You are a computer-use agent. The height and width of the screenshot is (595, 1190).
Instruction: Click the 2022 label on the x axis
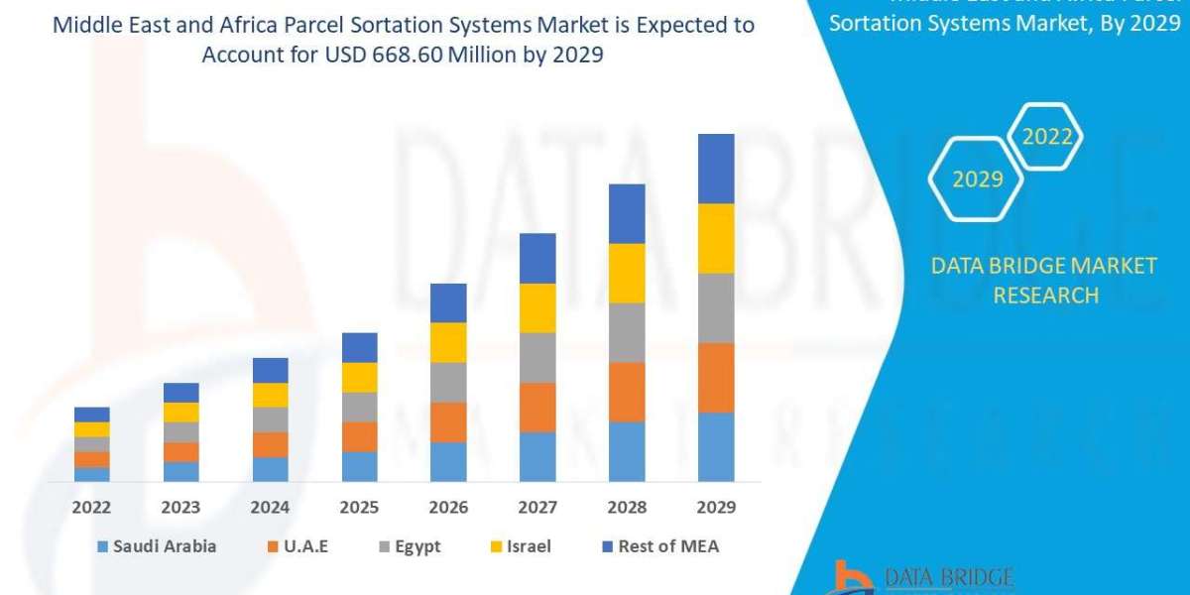(x=91, y=508)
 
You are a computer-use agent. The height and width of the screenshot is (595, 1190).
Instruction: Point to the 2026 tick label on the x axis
(x=448, y=508)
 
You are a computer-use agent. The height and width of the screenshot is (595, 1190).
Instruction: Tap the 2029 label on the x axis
(x=716, y=508)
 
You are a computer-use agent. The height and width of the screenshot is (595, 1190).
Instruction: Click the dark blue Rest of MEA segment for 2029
(x=716, y=169)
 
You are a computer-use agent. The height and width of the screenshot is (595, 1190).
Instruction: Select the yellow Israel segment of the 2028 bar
(x=627, y=273)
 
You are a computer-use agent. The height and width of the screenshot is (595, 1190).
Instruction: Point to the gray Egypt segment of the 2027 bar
(x=537, y=357)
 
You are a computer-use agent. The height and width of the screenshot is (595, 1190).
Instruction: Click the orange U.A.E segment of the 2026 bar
(x=448, y=421)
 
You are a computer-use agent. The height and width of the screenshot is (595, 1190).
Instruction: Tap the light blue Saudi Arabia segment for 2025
(x=359, y=466)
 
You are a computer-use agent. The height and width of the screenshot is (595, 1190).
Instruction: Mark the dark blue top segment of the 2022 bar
(x=91, y=415)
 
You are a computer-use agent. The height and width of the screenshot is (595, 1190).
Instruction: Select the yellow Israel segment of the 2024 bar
(x=270, y=395)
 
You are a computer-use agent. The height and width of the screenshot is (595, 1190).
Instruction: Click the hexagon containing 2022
(x=1047, y=137)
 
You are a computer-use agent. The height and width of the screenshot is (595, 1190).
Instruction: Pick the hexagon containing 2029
(x=977, y=179)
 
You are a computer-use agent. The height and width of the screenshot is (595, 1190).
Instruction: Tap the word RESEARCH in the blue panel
(x=1045, y=296)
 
